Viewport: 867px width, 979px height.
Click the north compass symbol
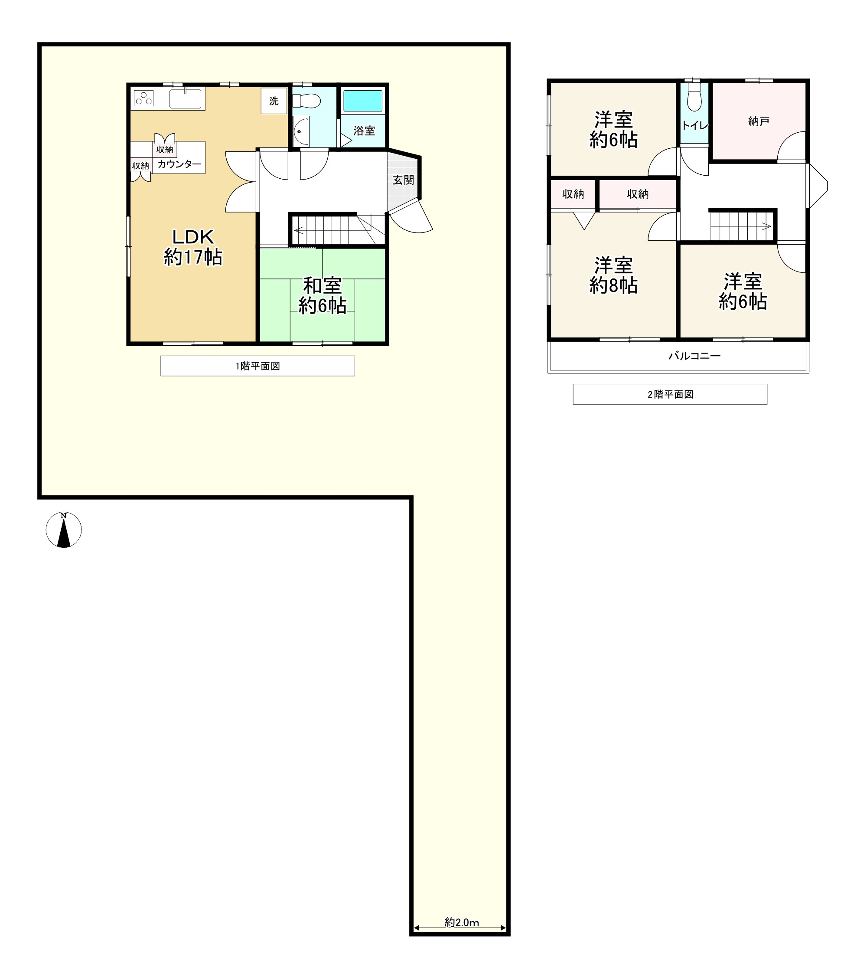[x=64, y=530]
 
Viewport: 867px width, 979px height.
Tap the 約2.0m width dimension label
[x=462, y=922]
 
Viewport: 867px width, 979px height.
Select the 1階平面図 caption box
[x=257, y=366]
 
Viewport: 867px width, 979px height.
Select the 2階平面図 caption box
[x=670, y=394]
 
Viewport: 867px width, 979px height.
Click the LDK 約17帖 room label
[x=193, y=247]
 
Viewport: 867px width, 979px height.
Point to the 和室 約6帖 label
[x=322, y=295]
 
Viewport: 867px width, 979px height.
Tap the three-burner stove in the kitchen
[x=143, y=98]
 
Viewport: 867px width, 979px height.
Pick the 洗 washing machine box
[x=274, y=101]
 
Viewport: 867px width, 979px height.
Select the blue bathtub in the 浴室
[x=363, y=101]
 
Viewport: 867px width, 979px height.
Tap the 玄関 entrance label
[x=404, y=180]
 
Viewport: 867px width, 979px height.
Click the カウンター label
[x=179, y=164]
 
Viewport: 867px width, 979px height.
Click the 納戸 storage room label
[x=758, y=121]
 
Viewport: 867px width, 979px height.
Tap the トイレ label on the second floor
[x=694, y=125]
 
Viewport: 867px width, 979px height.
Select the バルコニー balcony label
[x=694, y=356]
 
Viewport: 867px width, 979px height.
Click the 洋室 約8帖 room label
[x=613, y=275]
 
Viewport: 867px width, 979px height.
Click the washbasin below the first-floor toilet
[x=301, y=131]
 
